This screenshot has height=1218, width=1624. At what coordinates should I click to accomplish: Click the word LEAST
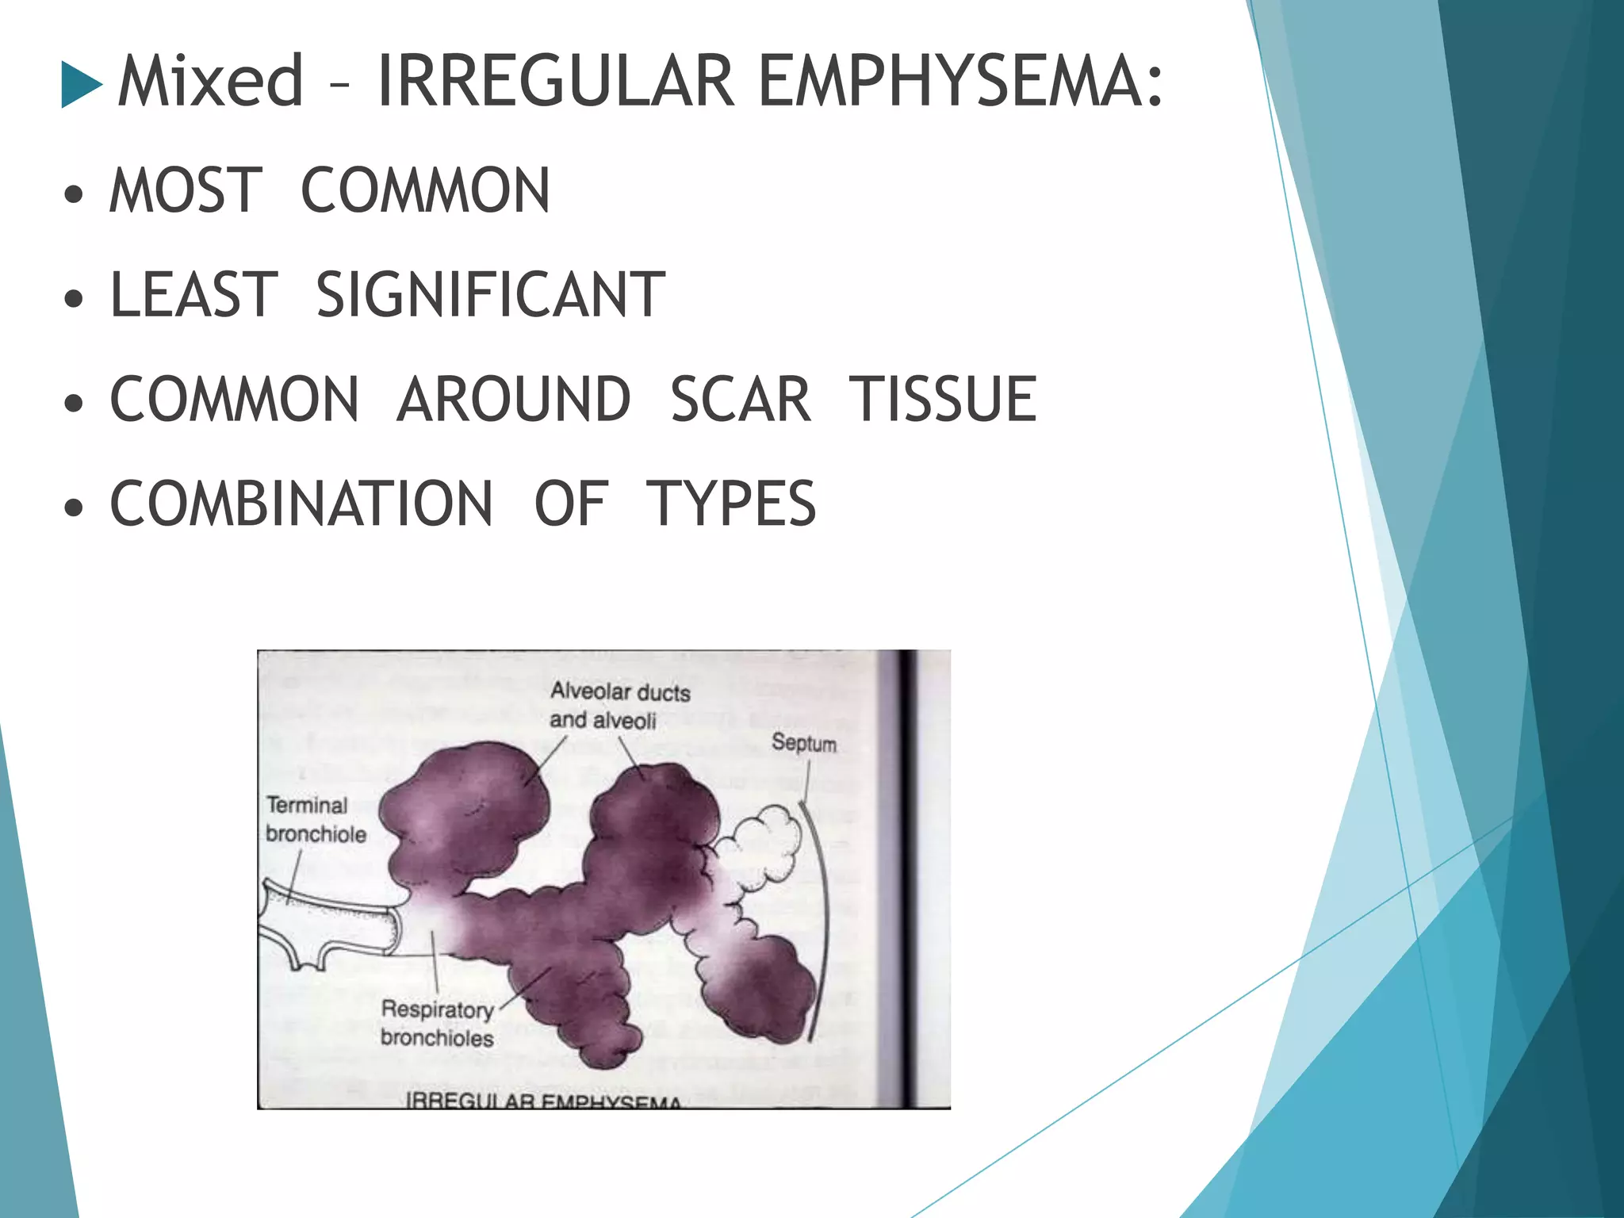194,294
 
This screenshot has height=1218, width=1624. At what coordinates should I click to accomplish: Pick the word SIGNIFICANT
491,294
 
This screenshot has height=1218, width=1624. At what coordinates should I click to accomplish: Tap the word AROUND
514,399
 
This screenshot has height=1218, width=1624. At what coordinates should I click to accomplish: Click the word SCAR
741,399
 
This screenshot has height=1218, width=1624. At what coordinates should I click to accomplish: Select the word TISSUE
943,399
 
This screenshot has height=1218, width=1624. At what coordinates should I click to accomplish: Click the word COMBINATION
301,504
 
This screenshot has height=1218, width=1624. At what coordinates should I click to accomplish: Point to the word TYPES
731,504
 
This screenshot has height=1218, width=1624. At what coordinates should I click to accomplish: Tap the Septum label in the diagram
804,743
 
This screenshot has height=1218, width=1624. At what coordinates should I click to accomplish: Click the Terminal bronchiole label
315,820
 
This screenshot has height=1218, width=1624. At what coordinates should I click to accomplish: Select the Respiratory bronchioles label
437,1024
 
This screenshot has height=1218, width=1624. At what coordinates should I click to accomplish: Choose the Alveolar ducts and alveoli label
619,706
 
